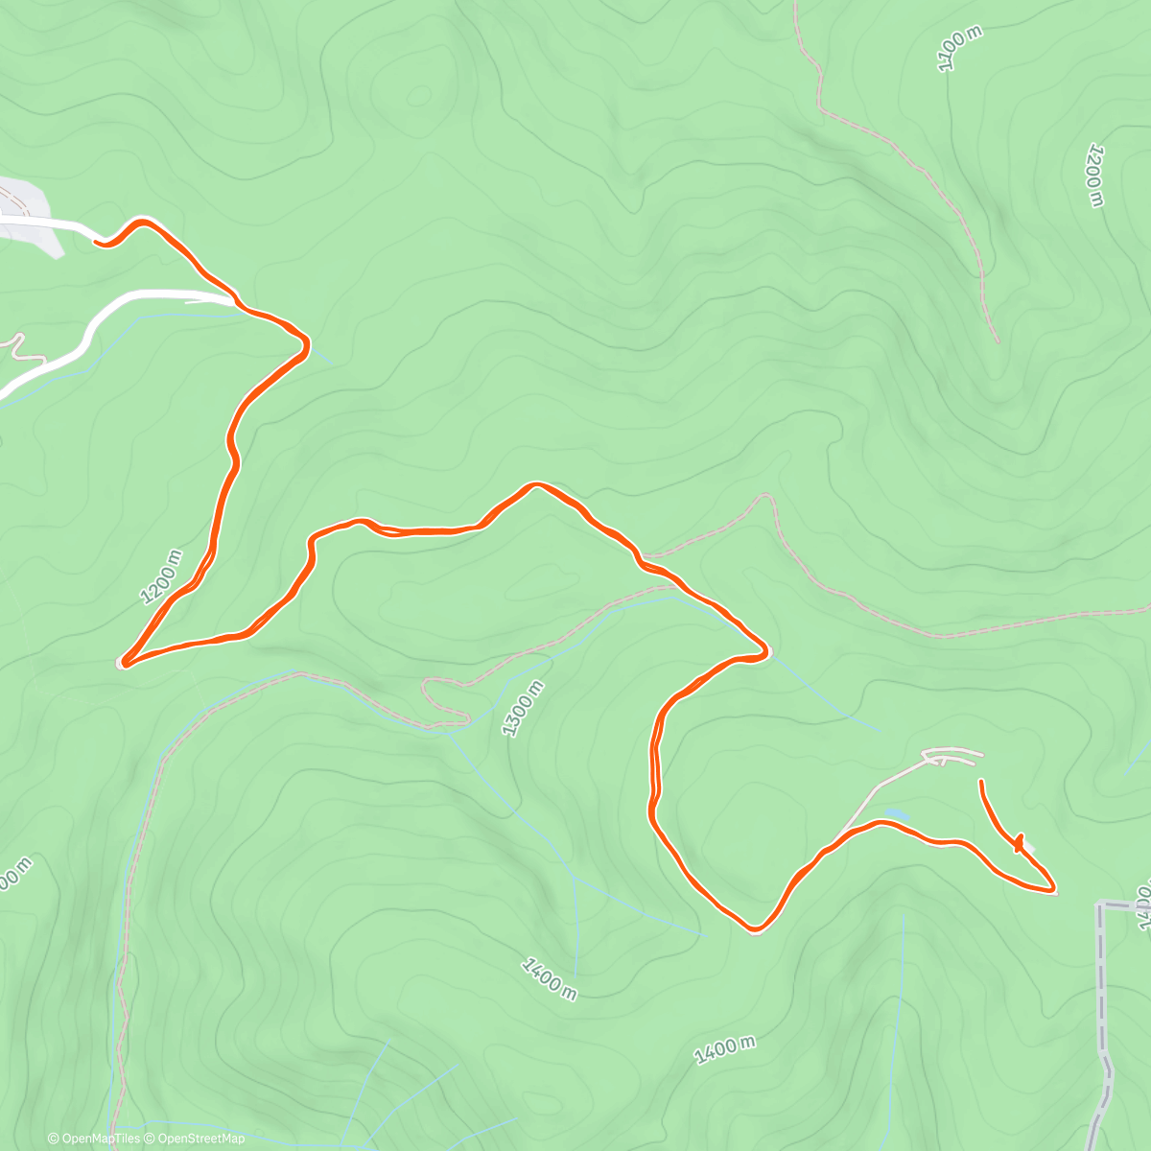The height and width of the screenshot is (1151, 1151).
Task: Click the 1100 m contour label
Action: pyautogui.click(x=960, y=49)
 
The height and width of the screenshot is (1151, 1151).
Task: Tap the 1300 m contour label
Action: pyautogui.click(x=523, y=708)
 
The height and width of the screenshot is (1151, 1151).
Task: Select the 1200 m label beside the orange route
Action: pyautogui.click(x=161, y=576)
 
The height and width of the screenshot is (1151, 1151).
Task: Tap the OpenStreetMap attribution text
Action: pyautogui.click(x=201, y=1139)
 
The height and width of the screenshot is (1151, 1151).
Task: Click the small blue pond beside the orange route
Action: pyautogui.click(x=896, y=814)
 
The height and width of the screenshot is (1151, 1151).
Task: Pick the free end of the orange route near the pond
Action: pyautogui.click(x=980, y=783)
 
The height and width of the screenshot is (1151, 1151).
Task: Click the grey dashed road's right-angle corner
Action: pyautogui.click(x=1099, y=904)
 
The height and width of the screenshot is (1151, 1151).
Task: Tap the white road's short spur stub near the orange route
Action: pyautogui.click(x=206, y=300)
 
